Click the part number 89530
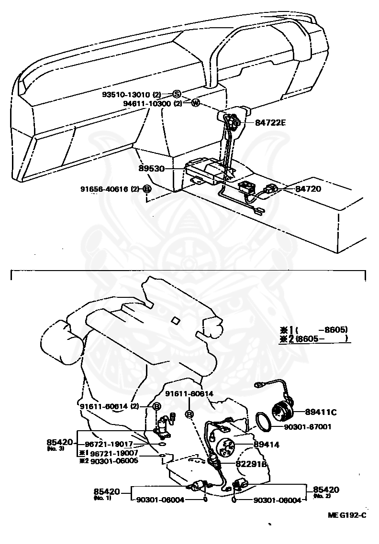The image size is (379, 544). (x=152, y=169)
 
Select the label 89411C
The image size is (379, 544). (x=321, y=412)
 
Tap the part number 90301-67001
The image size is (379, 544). (x=308, y=427)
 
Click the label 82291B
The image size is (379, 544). (x=251, y=464)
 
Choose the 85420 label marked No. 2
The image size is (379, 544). (x=326, y=490)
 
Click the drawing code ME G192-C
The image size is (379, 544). (x=347, y=515)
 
